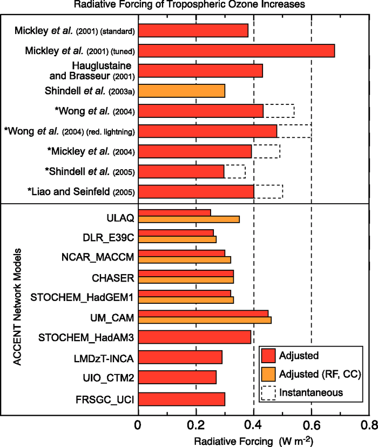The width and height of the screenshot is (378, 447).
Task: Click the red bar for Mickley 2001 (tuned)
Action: coord(237,50)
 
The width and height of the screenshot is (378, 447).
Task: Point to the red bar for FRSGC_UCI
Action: coord(181,399)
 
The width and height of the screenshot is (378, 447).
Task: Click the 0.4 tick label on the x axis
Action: coord(254,424)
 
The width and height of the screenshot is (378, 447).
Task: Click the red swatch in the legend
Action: coord(268,356)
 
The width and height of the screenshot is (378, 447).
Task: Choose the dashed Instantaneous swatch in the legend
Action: coord(268,392)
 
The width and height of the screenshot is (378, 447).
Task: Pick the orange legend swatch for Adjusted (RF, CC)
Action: coord(268,374)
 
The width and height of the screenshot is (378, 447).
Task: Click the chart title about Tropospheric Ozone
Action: coord(190,5)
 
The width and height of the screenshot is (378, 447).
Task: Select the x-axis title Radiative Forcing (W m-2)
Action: coord(253,439)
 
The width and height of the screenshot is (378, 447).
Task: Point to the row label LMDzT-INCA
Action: coord(104,357)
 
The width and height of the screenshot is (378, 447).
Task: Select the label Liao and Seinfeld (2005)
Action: coord(81,191)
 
